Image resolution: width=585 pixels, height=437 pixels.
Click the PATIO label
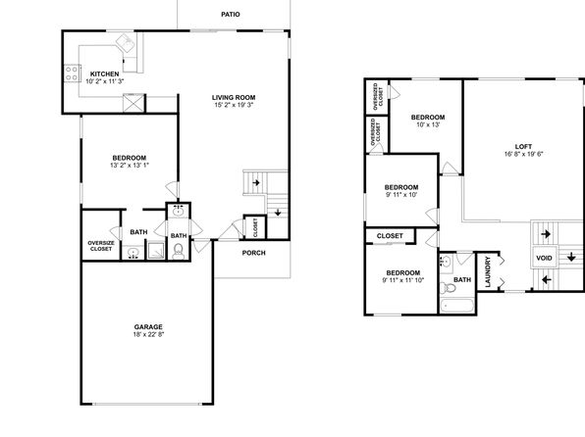[231, 15]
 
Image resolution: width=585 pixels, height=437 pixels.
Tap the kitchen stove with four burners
[73, 73]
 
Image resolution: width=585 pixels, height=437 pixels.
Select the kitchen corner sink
[126, 43]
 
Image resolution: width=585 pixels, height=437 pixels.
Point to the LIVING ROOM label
[234, 98]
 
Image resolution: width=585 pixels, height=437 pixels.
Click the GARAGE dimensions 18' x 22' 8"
[148, 334]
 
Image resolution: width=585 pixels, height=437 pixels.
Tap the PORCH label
[253, 253]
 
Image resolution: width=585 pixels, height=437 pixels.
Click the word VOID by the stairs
[544, 258]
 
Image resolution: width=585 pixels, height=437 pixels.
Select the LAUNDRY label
[488, 272]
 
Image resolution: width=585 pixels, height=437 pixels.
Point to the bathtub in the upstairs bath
[456, 307]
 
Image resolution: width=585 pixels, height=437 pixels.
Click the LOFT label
[523, 146]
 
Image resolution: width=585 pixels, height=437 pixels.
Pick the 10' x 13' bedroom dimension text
[428, 124]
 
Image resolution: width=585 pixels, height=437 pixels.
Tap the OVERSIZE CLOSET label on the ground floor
[101, 246]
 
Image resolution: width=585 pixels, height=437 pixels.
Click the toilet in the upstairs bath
[448, 288]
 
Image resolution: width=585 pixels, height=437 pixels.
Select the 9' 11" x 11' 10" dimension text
[403, 280]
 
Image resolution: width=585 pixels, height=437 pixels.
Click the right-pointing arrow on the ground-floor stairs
[256, 183]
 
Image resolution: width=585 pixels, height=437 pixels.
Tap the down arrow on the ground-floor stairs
[278, 213]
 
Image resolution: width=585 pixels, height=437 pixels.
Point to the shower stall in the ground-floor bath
[155, 251]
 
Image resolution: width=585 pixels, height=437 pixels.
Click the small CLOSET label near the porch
[255, 227]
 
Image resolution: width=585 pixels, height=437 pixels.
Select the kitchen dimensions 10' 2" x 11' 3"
[104, 81]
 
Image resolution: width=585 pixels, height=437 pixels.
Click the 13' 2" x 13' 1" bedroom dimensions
[130, 165]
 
